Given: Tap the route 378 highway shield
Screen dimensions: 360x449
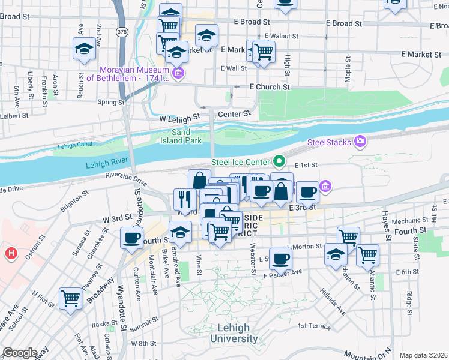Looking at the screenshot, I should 122,32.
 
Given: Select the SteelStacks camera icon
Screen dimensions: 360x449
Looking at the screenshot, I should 360,142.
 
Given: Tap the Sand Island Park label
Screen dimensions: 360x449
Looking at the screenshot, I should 181,136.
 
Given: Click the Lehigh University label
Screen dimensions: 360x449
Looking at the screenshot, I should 234,334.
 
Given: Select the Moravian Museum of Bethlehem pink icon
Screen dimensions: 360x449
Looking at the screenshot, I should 178,73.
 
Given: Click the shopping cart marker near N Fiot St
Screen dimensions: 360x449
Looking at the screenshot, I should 71,298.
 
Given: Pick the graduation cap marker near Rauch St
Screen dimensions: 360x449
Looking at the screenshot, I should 84,49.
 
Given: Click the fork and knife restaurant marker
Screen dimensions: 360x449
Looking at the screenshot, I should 184,199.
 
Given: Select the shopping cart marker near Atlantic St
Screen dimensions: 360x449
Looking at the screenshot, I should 367,254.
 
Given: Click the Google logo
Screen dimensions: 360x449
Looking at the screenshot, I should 20,352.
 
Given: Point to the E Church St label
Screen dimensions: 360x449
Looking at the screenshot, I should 270,87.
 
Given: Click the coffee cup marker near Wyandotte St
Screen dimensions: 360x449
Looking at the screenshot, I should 131,238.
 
